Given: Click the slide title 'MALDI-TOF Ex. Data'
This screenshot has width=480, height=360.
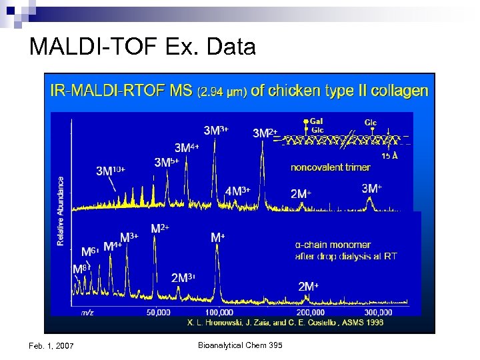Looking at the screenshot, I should [142, 46].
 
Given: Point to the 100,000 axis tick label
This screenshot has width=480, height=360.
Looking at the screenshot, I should [219, 311].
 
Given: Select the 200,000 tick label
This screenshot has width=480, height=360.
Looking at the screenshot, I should [311, 311].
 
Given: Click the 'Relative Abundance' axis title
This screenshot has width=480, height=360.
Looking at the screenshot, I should [61, 211].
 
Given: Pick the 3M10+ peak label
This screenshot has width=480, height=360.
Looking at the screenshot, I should [111, 171].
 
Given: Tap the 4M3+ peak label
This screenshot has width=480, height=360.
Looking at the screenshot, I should [237, 191].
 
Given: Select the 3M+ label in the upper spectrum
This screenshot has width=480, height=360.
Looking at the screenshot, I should [371, 189].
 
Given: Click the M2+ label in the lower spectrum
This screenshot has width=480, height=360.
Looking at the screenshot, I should [160, 228].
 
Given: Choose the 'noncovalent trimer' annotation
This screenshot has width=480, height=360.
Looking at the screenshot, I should [330, 167].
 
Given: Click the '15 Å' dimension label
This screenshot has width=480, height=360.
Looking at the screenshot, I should [390, 155].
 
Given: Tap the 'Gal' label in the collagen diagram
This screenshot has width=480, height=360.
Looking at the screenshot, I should [317, 122].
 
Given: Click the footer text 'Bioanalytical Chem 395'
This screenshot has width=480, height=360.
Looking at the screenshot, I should [241, 344].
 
